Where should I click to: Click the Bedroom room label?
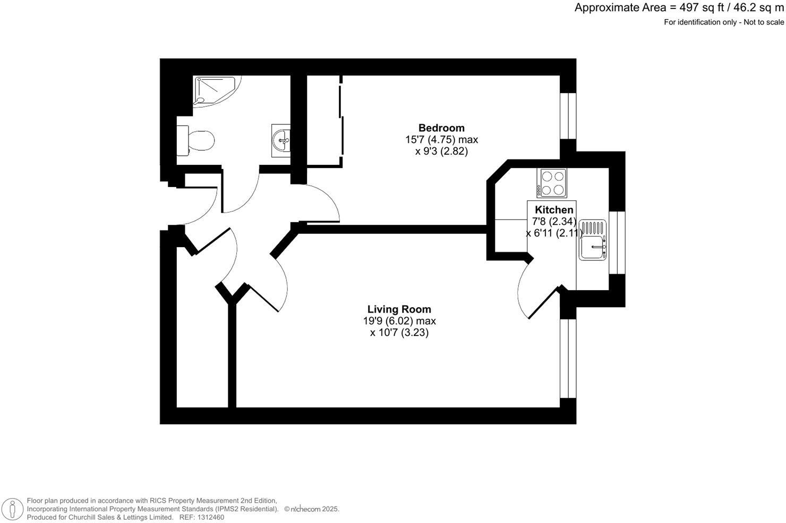coord(441,128)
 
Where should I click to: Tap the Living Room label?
coord(399,309)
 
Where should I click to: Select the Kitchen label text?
coord(554,210)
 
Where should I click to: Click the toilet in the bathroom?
coord(196,140)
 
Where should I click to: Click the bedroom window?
coord(568,116)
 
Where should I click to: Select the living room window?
coord(568,359)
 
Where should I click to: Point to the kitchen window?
coord(617,242)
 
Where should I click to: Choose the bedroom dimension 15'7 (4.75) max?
coord(441,140)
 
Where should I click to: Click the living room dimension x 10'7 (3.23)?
coord(399,333)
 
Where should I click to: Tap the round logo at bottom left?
coord(12,509)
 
